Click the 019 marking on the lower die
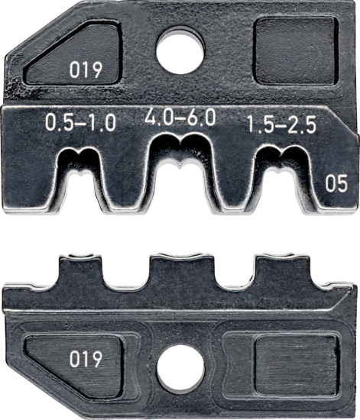pyautogui.click(x=86, y=358)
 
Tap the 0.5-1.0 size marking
pyautogui.click(x=80, y=122)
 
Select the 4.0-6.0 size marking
pyautogui.click(x=180, y=117)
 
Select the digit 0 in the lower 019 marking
pyautogui.click(x=75, y=358)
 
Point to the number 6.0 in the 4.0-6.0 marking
pyautogui.click(x=203, y=117)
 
